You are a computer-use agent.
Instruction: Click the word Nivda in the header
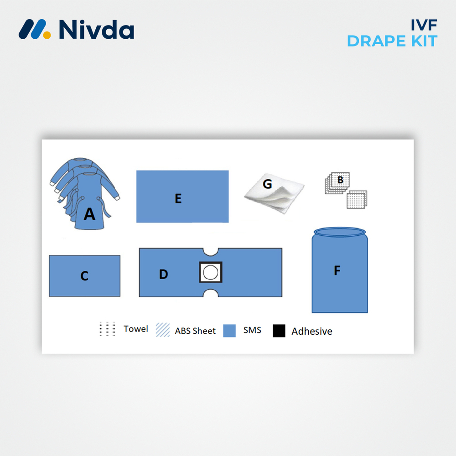click(x=96, y=29)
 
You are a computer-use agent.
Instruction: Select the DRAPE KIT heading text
click(x=392, y=41)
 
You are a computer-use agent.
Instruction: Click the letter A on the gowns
click(x=89, y=214)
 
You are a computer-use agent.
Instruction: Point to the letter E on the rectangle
click(x=178, y=198)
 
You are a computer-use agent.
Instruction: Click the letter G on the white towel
click(x=267, y=184)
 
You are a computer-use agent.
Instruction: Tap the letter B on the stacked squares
click(x=340, y=180)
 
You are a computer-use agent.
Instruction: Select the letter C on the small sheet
click(x=84, y=276)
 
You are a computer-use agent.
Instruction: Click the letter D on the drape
click(x=163, y=274)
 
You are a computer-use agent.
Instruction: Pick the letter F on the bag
click(x=337, y=271)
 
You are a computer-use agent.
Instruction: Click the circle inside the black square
click(x=211, y=273)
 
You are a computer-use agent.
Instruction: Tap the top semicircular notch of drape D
click(x=210, y=251)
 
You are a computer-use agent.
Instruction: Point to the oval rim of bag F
click(x=340, y=232)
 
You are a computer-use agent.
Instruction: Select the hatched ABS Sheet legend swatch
click(x=162, y=330)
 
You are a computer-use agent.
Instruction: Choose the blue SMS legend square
click(x=229, y=331)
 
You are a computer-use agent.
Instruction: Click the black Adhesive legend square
click(x=279, y=331)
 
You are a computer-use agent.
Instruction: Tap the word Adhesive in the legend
click(x=312, y=332)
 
